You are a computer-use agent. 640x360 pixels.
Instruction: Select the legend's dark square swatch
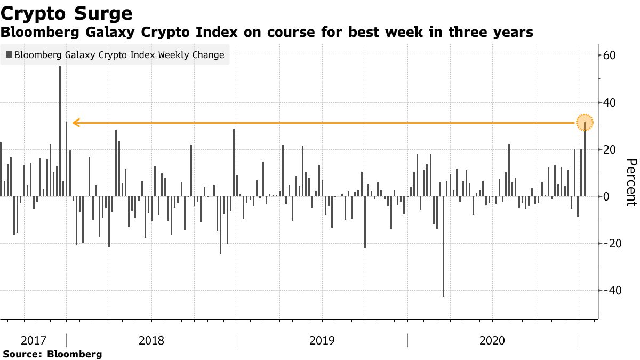tap(9, 55)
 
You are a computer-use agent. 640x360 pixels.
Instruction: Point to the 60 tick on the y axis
tap(610, 55)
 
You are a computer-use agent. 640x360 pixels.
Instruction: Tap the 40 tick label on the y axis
tap(610, 102)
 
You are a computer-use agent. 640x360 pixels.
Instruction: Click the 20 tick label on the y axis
tap(610, 149)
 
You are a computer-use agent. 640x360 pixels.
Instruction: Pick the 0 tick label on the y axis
tap(607, 196)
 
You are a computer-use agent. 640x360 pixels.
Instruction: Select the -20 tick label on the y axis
tap(612, 243)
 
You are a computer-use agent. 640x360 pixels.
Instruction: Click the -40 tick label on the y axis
tap(612, 290)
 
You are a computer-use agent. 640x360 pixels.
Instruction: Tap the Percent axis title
tap(631, 182)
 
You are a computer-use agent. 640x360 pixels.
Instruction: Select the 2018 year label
tap(151, 340)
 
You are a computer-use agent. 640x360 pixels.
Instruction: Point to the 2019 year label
tap(322, 340)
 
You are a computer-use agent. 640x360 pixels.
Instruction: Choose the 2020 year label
tap(493, 340)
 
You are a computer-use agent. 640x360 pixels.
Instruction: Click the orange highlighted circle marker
tap(585, 123)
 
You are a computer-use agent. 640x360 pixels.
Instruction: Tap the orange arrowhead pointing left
tap(76, 123)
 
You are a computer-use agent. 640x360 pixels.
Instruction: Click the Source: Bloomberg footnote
tap(52, 354)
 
